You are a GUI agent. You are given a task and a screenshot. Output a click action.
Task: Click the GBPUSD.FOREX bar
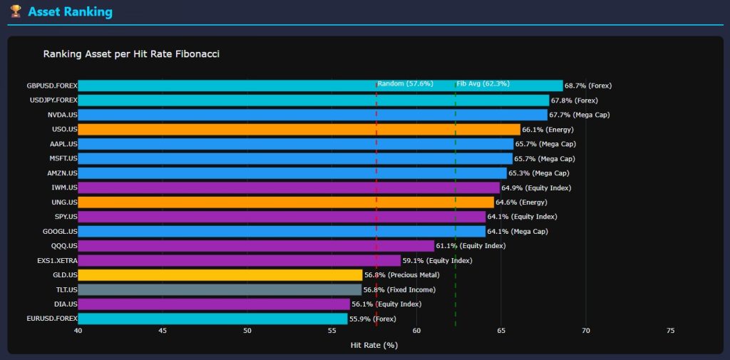(320, 86)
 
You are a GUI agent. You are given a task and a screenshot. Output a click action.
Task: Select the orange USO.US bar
(299, 129)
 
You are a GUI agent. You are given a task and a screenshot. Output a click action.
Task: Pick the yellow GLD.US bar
(220, 274)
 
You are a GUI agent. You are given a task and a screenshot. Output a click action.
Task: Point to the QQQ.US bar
(256, 246)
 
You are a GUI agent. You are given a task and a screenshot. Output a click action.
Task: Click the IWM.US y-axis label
(64, 187)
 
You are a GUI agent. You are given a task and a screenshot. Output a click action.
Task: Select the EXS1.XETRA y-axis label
(57, 260)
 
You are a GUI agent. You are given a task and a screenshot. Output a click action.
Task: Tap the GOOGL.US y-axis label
(61, 231)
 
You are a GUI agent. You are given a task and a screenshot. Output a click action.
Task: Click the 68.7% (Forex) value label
(587, 86)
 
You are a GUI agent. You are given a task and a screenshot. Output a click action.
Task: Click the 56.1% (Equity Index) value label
(386, 304)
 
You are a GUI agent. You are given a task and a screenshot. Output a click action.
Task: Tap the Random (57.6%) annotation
(405, 83)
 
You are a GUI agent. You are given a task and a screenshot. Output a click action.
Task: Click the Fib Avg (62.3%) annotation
(483, 83)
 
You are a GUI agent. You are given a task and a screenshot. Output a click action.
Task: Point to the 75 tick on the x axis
(670, 331)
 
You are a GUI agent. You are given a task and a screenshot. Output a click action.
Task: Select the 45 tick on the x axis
(163, 331)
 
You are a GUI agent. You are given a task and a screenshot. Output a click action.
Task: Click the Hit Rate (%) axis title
(374, 345)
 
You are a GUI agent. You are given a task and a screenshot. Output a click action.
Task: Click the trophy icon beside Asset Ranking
(16, 11)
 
